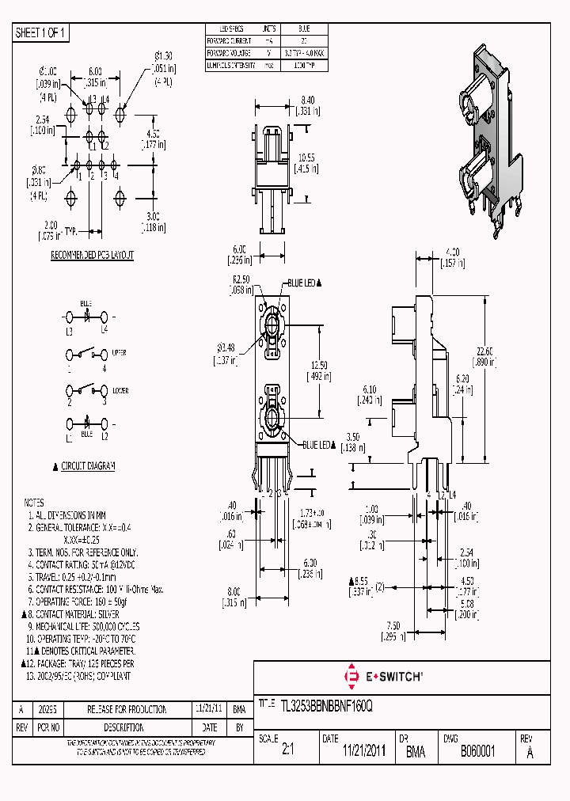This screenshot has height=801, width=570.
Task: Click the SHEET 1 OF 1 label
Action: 42,32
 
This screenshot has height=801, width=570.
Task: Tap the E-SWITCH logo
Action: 383,676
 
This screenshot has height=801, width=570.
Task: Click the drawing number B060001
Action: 478,751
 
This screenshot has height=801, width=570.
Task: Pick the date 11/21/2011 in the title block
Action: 364,751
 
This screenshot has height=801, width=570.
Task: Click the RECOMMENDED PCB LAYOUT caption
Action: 92,255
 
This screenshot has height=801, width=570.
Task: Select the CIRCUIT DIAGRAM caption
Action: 88,466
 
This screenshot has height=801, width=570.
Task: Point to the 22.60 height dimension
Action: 487,352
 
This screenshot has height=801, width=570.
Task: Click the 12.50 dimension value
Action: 319,365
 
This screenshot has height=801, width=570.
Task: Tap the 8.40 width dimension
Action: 309,101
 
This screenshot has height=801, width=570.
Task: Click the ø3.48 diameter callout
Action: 226,349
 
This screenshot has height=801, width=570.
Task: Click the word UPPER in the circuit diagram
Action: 119,352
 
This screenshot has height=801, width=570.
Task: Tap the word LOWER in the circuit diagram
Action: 120,390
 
